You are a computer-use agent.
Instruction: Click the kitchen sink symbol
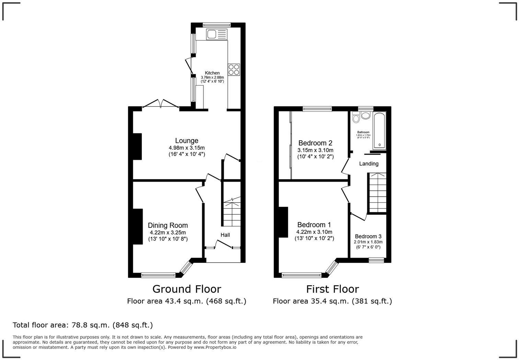(217, 34)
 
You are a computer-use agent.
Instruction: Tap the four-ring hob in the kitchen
(234, 70)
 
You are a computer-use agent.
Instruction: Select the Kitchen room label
(212, 73)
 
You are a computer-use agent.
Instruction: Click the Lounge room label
(186, 140)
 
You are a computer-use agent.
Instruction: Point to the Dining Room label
(168, 225)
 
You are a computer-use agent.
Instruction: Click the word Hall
(225, 235)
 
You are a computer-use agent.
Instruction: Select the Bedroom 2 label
(315, 143)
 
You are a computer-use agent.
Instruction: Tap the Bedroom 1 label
(314, 225)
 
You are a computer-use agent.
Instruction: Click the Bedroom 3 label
(368, 236)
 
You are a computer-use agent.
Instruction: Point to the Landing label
(369, 164)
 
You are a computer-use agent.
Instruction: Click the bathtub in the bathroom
(379, 131)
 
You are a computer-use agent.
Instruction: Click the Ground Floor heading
(186, 289)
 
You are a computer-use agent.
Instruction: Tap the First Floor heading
(332, 289)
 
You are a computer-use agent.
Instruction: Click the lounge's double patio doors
(161, 104)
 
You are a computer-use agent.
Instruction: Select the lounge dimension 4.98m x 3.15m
(186, 148)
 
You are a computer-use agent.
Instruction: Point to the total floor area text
(83, 325)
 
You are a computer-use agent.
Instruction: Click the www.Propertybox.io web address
(215, 347)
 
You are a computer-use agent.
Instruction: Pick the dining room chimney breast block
(138, 227)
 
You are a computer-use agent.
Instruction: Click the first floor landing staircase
(377, 193)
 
